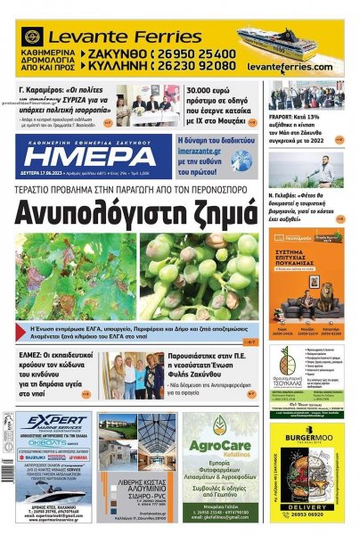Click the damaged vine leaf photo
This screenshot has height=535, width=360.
tap(77, 276)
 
